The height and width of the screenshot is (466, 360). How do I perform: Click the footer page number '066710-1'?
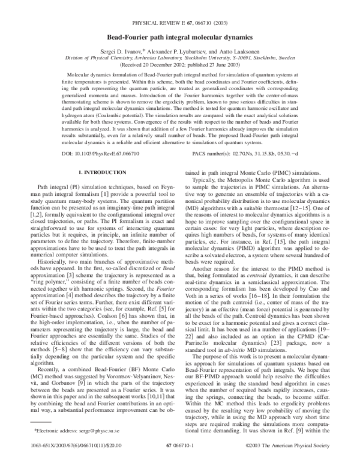pos(180,447)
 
